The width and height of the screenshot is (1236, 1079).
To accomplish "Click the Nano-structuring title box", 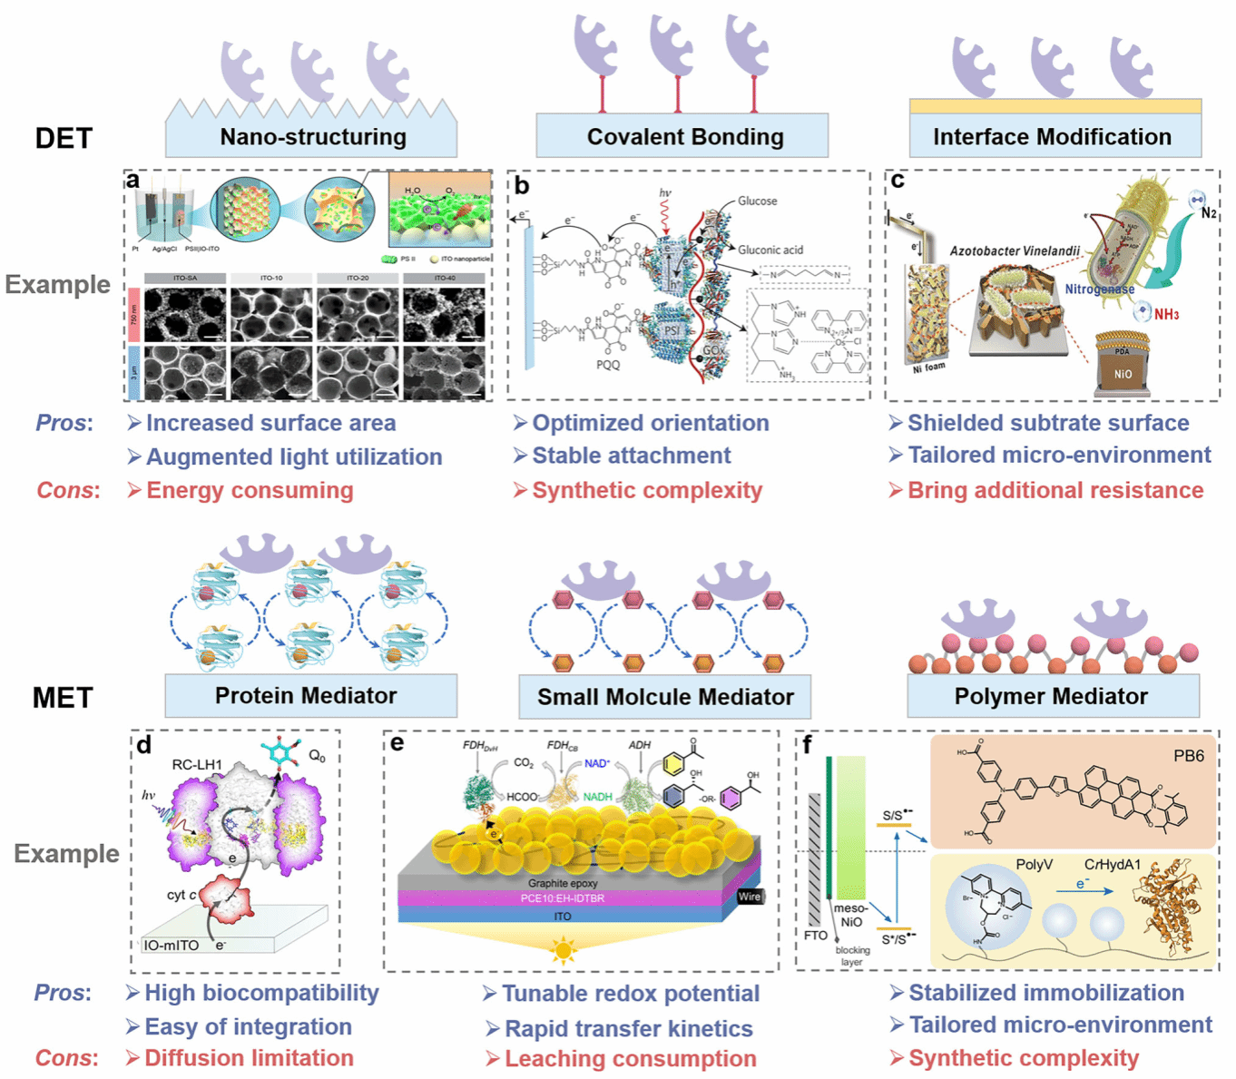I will (311, 137).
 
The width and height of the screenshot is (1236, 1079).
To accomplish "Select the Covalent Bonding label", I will (684, 137).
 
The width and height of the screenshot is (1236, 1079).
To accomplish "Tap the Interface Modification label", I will (1052, 137).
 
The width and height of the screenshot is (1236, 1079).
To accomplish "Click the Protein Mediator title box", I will (306, 696).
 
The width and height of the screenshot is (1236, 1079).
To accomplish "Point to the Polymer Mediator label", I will (1051, 697).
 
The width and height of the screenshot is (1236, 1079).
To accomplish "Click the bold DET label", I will (64, 138).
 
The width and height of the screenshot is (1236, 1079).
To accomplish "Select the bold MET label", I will (63, 698).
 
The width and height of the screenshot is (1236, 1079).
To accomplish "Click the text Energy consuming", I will (250, 491).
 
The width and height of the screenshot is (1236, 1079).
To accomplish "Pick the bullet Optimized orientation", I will (650, 423).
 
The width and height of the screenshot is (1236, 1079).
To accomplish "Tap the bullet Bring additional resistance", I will (1055, 491).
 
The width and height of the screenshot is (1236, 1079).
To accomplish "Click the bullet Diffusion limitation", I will (249, 1058).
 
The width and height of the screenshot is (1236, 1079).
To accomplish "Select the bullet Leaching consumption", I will (630, 1059).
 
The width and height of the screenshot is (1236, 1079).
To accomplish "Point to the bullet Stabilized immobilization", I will (1045, 993).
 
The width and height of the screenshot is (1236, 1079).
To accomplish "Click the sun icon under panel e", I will (564, 951).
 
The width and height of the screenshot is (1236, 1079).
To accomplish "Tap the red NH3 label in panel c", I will (1166, 315).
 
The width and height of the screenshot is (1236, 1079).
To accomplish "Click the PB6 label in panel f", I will (1188, 756).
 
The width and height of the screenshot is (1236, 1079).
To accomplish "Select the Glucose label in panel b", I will (757, 201).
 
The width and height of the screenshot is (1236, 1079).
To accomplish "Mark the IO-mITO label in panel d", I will (172, 946).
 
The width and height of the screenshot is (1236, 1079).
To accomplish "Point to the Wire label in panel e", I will (750, 897).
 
